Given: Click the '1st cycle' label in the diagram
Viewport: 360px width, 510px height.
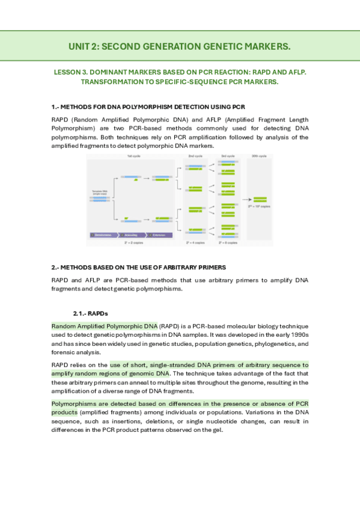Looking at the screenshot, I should click(x=133, y=156).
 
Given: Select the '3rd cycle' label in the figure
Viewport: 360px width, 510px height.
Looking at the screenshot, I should click(x=227, y=156).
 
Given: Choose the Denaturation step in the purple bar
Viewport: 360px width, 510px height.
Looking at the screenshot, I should click(x=103, y=235).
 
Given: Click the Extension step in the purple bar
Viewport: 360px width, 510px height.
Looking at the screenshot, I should click(x=159, y=235).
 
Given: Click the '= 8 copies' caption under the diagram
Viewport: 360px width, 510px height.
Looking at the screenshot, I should click(x=227, y=243).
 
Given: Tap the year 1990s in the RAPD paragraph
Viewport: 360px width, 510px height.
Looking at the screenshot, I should click(x=299, y=335).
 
